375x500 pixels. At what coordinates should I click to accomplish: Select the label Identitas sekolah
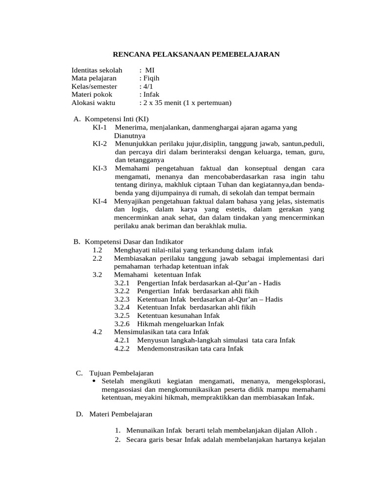97,70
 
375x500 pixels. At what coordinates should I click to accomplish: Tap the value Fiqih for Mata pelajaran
150,78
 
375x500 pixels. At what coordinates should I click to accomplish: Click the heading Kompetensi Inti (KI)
117,119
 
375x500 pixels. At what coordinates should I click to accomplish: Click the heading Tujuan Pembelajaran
123,373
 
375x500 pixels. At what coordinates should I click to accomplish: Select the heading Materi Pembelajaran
121,414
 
